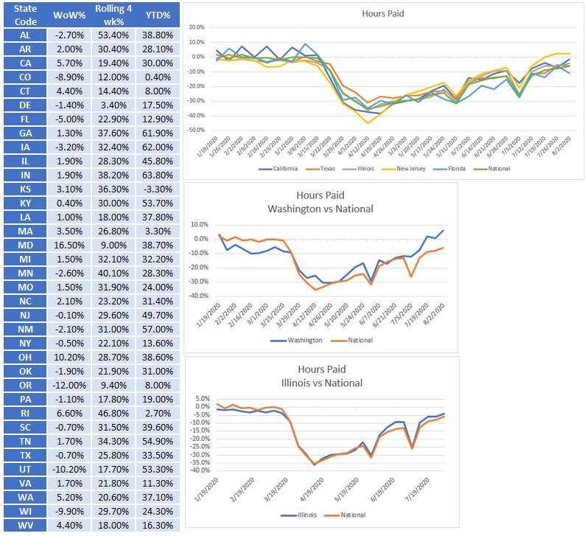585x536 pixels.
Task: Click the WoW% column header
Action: click(69, 15)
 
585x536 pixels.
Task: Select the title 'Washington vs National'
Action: click(320, 209)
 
